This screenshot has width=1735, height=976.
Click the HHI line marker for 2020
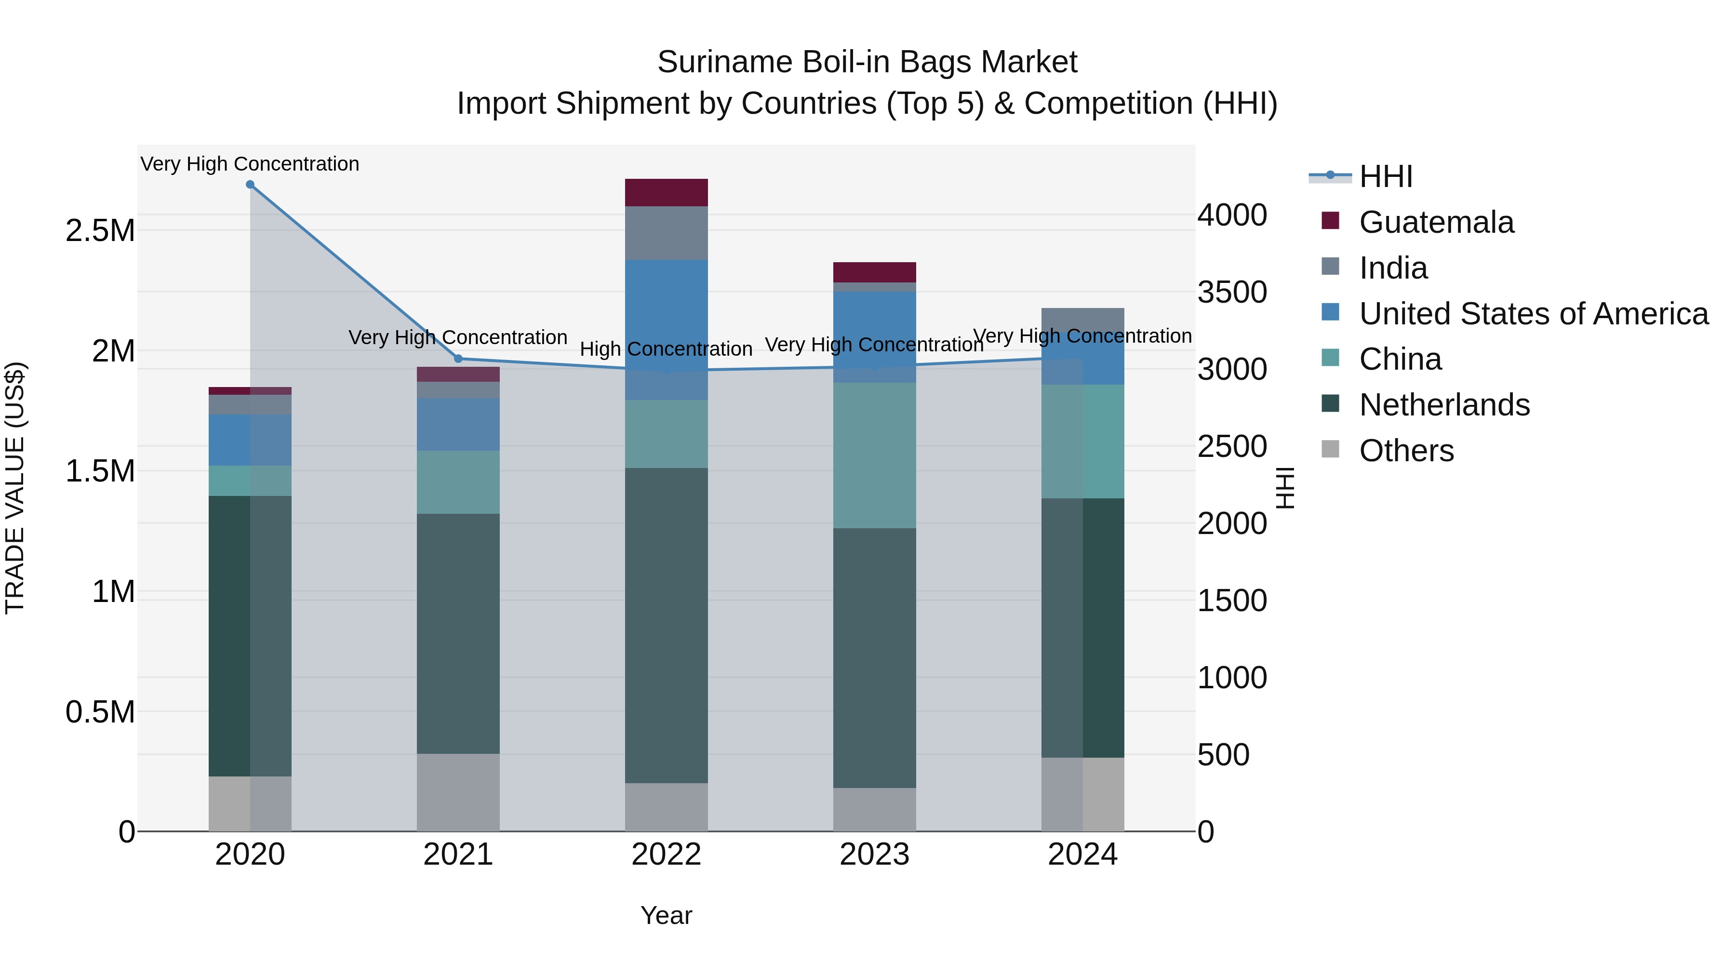(250, 185)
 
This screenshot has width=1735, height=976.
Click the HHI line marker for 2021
(458, 358)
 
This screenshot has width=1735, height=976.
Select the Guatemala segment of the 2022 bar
(666, 193)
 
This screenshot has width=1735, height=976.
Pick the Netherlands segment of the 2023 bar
(874, 657)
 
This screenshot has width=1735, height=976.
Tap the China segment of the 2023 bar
(874, 455)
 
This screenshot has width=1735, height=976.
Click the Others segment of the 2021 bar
(458, 792)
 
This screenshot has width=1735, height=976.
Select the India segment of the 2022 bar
(666, 233)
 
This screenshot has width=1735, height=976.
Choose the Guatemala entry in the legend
(1436, 222)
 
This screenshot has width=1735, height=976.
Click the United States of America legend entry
(1533, 314)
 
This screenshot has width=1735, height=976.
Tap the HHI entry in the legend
(1386, 176)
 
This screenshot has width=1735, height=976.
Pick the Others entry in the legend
(1406, 451)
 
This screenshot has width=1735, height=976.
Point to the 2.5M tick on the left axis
(100, 231)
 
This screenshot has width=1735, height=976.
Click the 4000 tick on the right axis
(1232, 215)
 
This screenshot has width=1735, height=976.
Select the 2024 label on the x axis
(1082, 855)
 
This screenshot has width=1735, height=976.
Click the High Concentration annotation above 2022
(666, 349)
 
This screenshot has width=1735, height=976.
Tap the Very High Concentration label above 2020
(250, 164)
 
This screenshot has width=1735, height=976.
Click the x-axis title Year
(666, 915)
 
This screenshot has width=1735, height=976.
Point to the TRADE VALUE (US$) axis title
(15, 488)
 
